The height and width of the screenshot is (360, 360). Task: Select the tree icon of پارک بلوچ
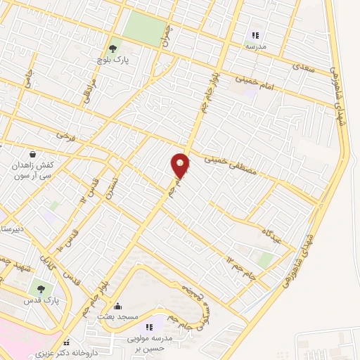coord(112,49)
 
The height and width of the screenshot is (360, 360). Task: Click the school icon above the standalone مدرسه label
coord(256,34)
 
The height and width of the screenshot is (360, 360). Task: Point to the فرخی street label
coord(65,134)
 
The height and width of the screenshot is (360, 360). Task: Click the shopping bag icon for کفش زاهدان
coord(32,154)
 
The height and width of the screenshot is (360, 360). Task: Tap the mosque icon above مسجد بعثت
coord(117,306)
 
